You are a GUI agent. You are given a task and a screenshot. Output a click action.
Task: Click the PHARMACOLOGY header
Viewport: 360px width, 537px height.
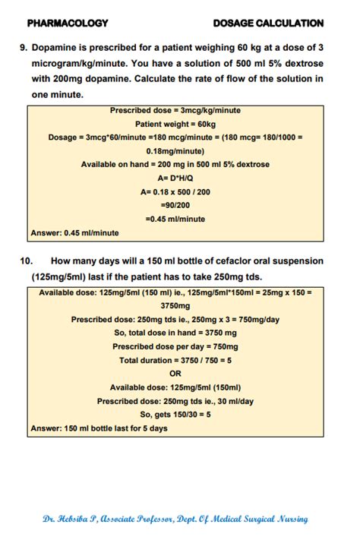tap(67, 23)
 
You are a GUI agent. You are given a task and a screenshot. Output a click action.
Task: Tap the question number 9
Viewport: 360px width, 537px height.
tap(23, 47)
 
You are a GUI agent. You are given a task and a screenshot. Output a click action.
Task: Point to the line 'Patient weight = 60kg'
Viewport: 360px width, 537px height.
tap(175, 123)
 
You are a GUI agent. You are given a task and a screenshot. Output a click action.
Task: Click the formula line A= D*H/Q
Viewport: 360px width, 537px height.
tap(175, 178)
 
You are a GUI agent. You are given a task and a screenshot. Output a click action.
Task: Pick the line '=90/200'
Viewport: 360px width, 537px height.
tap(175, 205)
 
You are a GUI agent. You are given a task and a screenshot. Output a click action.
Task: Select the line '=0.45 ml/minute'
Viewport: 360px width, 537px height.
tap(175, 219)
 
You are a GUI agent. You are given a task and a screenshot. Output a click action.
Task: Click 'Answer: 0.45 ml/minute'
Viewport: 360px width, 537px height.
tap(74, 233)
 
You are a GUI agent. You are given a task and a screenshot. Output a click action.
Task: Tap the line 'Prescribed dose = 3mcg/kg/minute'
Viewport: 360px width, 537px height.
tap(175, 110)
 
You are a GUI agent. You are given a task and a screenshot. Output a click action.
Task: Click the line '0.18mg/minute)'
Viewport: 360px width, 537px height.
tap(175, 150)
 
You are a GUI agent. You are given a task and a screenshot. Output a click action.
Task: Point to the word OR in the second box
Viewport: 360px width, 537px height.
tap(175, 373)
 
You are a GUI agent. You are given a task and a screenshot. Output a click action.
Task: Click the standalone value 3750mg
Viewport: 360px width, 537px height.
tap(175, 305)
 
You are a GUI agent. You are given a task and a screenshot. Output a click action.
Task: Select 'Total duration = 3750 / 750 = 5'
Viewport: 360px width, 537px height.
tap(175, 360)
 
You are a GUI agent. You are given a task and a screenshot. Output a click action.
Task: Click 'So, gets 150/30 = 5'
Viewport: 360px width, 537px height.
tap(175, 414)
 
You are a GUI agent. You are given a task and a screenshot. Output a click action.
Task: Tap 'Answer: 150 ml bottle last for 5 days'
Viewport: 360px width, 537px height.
tap(99, 428)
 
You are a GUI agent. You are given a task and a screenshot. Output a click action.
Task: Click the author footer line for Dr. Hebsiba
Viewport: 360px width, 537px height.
tap(175, 519)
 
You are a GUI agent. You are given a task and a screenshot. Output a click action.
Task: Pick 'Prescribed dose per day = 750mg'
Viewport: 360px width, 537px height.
tap(175, 346)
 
